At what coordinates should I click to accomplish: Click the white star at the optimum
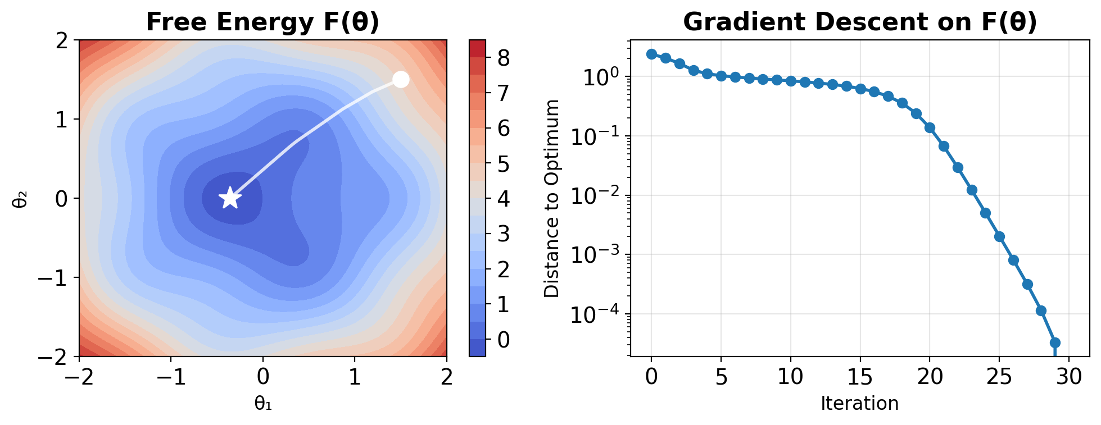tap(230, 198)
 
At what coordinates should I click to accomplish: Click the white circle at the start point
tap(401, 79)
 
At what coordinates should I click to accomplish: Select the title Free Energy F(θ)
tap(262, 22)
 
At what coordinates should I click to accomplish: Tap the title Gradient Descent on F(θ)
tap(859, 22)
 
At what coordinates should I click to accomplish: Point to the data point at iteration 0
tap(651, 54)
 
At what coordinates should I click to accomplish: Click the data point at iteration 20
tap(930, 128)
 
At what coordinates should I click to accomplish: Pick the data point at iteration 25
tap(999, 236)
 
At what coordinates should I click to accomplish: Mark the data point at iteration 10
tap(791, 81)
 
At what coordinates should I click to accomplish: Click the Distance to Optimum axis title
tap(552, 198)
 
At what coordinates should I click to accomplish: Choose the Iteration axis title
tap(859, 404)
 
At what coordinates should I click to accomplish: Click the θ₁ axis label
tap(263, 403)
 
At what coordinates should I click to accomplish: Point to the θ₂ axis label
tap(20, 198)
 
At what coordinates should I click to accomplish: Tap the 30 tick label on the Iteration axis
tap(1068, 377)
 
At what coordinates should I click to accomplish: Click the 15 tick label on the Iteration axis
tap(860, 377)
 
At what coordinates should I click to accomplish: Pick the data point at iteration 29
tap(1055, 342)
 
